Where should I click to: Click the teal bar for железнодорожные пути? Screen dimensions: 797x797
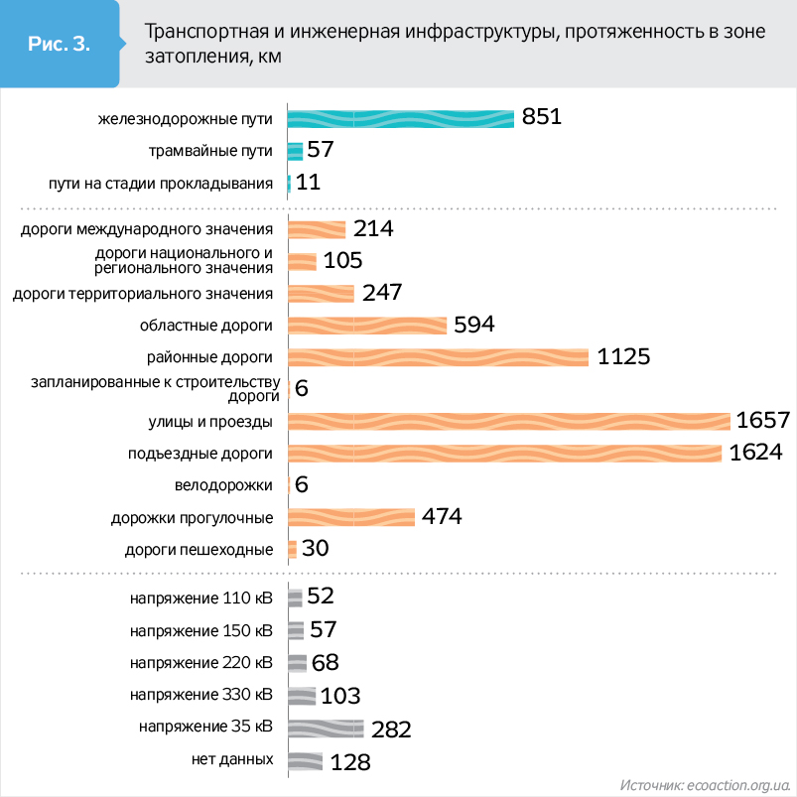point(400,119)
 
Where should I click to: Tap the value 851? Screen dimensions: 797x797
point(542,118)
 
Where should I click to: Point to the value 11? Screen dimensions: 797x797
point(308,183)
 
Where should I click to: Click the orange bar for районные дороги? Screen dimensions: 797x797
point(438,357)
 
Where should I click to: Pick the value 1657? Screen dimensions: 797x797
point(762,421)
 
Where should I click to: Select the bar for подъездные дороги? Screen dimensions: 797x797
point(504,453)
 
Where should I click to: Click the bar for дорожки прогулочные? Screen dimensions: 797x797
point(351,517)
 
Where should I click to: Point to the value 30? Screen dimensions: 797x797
point(315,549)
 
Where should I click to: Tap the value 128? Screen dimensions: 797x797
point(349,762)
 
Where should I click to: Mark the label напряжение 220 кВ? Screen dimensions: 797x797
point(201,663)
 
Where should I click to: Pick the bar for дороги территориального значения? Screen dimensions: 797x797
point(321,293)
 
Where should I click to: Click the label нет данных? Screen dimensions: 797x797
point(232,759)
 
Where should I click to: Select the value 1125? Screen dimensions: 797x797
point(623,356)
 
